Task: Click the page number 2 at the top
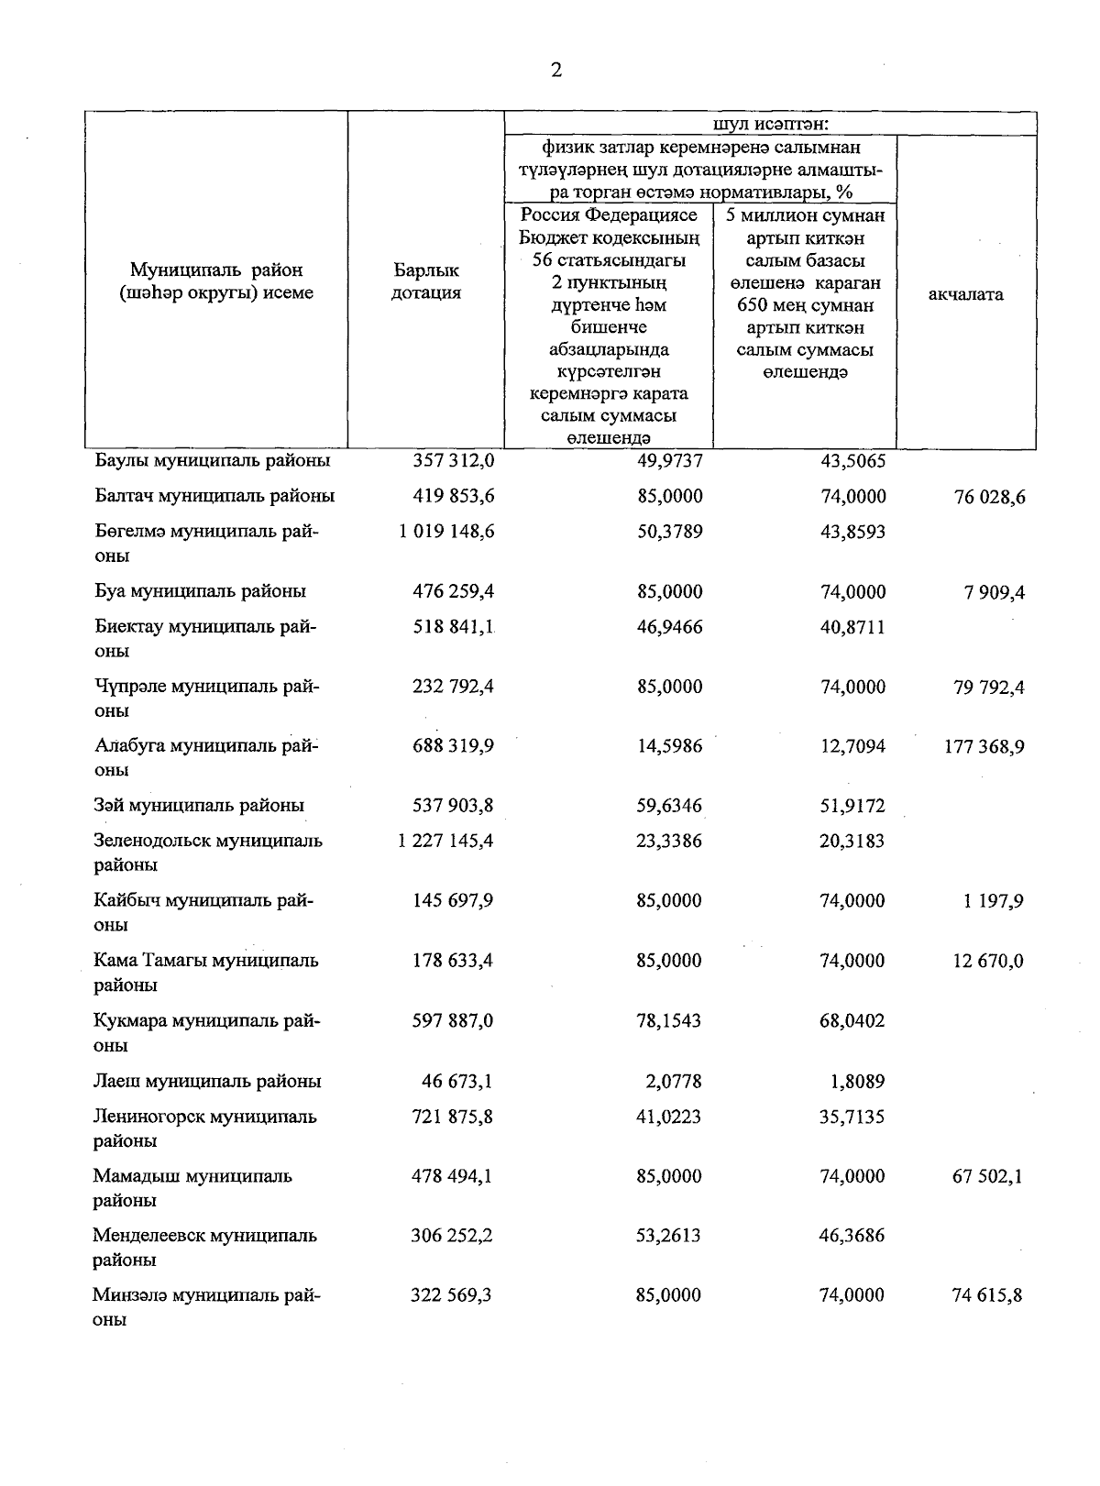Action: click(x=555, y=71)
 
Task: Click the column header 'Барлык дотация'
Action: click(x=426, y=281)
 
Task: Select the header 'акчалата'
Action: click(x=965, y=294)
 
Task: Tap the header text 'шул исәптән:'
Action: click(x=770, y=124)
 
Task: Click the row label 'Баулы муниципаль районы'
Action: click(x=213, y=461)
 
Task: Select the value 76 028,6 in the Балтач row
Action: click(x=989, y=498)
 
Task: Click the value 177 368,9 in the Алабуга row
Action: click(x=984, y=747)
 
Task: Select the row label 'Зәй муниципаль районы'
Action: click(x=199, y=806)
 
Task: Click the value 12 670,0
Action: click(x=989, y=962)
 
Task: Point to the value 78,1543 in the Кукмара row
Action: click(x=668, y=1021)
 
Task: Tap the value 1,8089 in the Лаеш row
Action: click(x=857, y=1082)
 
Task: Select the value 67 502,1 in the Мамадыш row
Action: click(x=988, y=1177)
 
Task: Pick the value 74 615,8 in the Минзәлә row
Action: click(x=988, y=1296)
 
